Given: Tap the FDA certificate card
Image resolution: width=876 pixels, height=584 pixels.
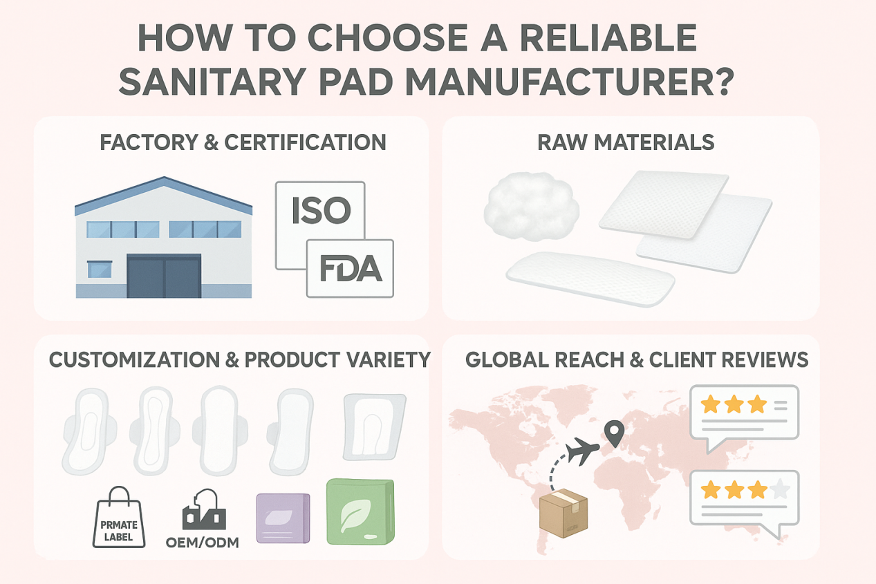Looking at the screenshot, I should point(350,270).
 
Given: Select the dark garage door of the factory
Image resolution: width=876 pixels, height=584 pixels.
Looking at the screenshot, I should point(164,276).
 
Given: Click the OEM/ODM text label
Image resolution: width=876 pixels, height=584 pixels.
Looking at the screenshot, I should point(203,543).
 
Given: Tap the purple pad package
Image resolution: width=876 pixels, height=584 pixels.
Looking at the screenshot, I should point(283,519).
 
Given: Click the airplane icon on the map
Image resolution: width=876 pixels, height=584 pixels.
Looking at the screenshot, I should point(582,452).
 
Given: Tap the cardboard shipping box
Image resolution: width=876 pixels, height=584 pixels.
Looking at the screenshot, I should point(563,513).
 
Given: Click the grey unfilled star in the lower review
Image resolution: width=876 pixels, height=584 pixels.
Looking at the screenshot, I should point(780,489).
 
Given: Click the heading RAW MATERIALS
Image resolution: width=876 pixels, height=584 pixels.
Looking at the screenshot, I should point(626,142).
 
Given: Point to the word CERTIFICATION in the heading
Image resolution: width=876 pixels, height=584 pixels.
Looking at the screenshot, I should point(305,143).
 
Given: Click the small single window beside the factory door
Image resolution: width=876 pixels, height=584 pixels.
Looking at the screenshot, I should point(100,270).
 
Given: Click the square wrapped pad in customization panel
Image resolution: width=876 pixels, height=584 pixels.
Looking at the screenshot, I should point(373,426).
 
